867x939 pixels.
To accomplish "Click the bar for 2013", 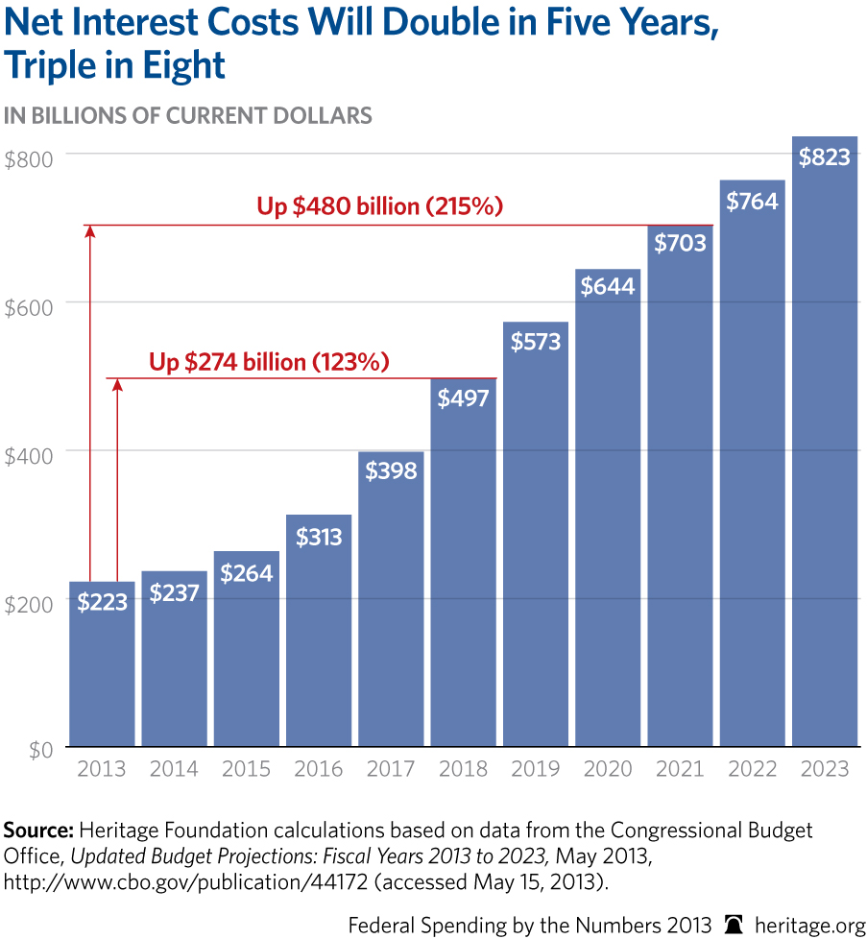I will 102,672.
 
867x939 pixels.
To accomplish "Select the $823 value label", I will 824,156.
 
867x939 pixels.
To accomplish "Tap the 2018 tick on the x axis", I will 463,769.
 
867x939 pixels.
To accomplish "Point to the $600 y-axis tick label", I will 29,302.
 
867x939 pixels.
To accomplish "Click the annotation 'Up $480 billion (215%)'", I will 380,206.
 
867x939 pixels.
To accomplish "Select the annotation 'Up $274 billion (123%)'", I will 269,362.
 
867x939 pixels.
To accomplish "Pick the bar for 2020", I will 607,518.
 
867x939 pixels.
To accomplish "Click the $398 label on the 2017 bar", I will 391,470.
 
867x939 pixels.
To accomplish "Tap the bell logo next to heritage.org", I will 735,924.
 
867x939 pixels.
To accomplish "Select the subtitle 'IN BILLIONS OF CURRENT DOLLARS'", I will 188,116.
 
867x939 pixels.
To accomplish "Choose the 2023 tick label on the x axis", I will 824,769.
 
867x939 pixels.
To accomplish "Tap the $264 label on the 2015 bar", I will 246,573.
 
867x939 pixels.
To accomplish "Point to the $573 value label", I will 535,341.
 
